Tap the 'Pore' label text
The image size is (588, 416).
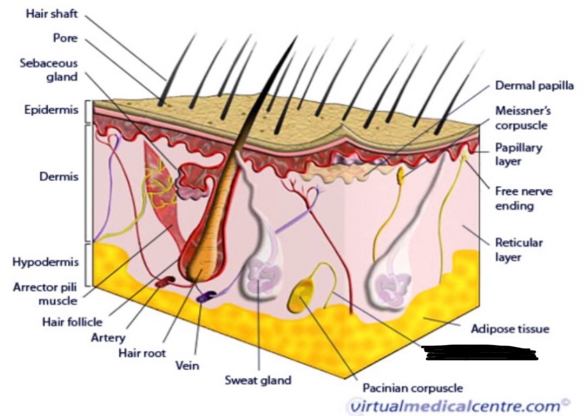(65, 37)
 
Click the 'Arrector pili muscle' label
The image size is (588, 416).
(44, 293)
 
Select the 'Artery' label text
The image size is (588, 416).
(107, 337)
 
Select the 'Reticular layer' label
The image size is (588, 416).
(519, 249)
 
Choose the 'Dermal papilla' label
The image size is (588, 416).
(534, 86)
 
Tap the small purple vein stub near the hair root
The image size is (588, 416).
(203, 297)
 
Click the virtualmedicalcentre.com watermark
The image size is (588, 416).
(456, 405)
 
